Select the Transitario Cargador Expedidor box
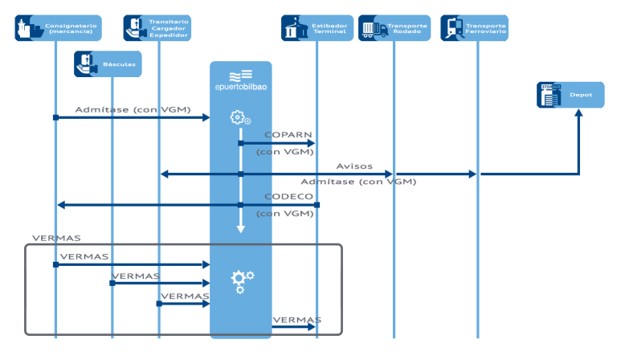click(x=158, y=28)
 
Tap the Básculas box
click(x=108, y=63)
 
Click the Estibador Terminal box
click(x=317, y=28)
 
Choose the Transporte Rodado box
click(x=394, y=28)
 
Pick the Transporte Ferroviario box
click(x=474, y=28)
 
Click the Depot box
click(x=570, y=94)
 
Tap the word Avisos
click(x=354, y=166)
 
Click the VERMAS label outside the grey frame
click(x=55, y=239)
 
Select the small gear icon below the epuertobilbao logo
click(x=239, y=118)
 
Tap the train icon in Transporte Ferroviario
click(x=452, y=29)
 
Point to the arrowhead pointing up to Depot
click(x=577, y=114)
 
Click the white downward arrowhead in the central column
click(x=240, y=229)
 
